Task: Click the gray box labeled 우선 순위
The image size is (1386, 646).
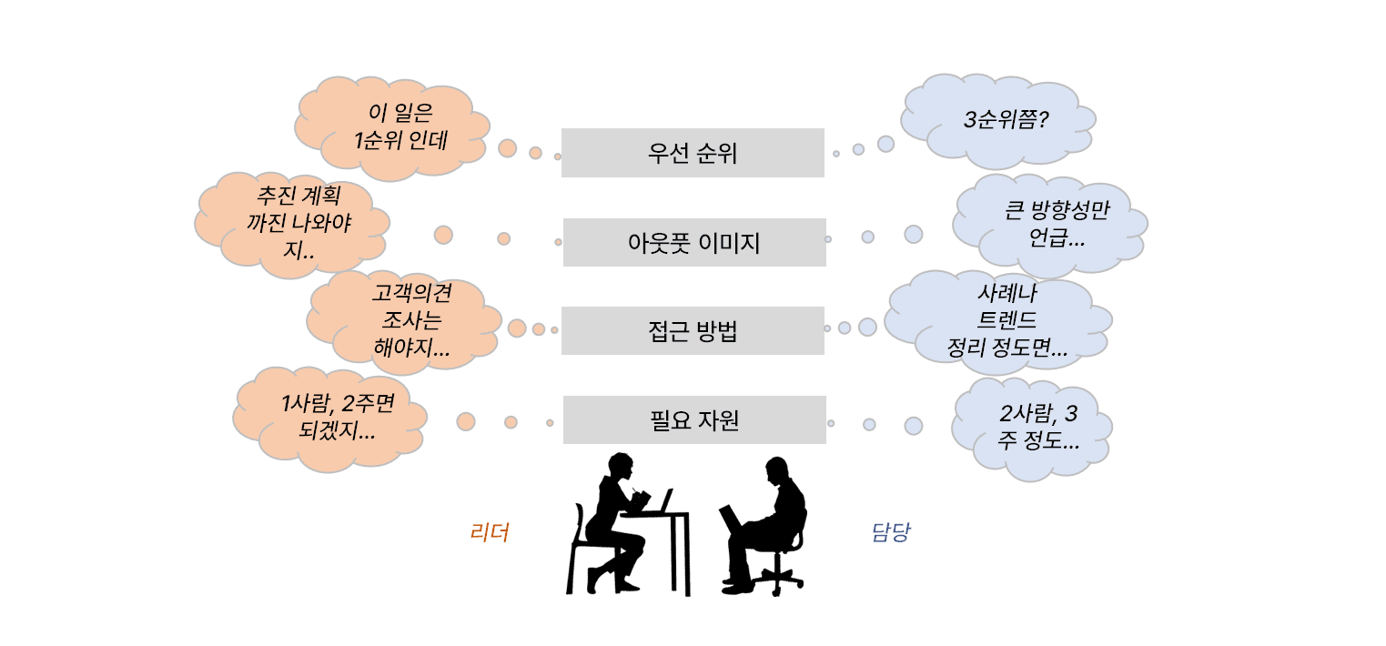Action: click(693, 153)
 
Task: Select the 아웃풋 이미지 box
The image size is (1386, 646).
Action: click(694, 242)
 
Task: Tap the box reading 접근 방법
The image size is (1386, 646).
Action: click(693, 331)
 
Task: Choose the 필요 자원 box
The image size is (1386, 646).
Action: click(694, 419)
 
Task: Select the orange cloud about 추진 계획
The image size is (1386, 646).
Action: click(293, 224)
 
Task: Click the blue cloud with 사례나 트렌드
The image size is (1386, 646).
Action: click(998, 322)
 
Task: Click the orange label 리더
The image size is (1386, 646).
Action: click(490, 532)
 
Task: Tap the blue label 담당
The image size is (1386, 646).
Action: click(891, 532)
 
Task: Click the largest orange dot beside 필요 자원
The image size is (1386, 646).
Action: click(466, 421)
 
